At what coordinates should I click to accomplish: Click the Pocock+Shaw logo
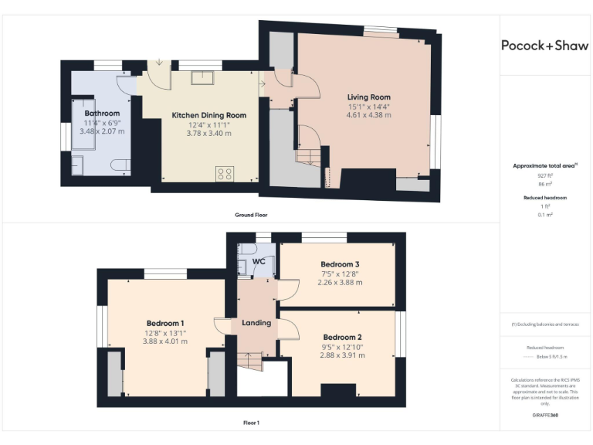pyautogui.click(x=544, y=46)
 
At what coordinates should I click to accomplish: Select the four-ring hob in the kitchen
pyautogui.click(x=225, y=174)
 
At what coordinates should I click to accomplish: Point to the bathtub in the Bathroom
pyautogui.click(x=80, y=124)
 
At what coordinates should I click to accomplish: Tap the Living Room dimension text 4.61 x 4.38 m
pyautogui.click(x=368, y=115)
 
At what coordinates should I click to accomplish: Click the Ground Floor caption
pyautogui.click(x=252, y=214)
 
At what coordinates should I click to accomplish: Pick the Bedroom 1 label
pyautogui.click(x=165, y=323)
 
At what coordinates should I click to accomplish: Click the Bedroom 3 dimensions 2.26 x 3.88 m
pyautogui.click(x=341, y=282)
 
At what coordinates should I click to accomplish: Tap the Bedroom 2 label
pyautogui.click(x=343, y=338)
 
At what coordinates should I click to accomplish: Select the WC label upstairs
pyautogui.click(x=259, y=262)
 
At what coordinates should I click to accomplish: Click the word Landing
pyautogui.click(x=256, y=323)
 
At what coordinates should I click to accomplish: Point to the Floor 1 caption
pyautogui.click(x=252, y=423)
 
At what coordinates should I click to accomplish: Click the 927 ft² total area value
pyautogui.click(x=546, y=176)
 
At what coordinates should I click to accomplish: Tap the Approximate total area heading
pyautogui.click(x=545, y=165)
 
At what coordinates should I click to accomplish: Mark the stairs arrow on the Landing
pyautogui.click(x=249, y=359)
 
